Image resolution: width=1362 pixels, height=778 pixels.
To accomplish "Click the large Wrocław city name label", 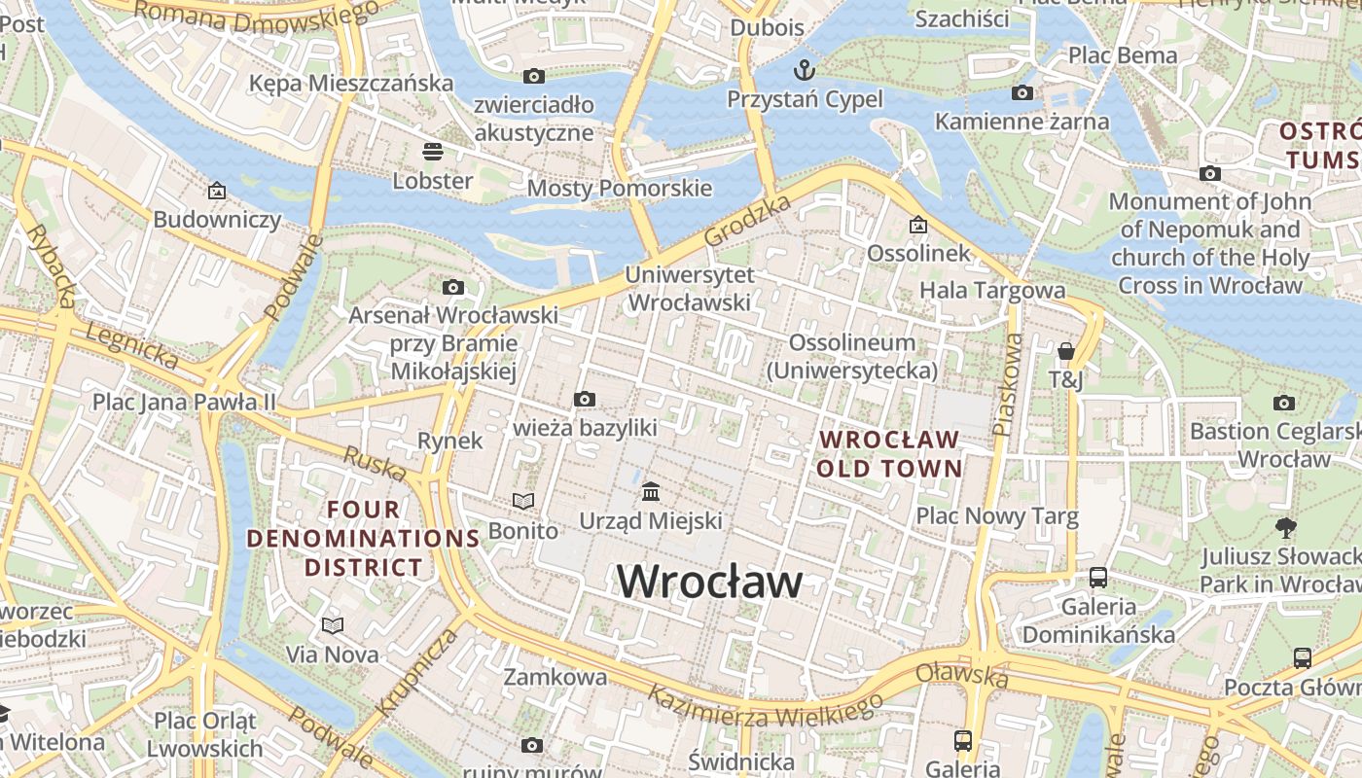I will [710, 582].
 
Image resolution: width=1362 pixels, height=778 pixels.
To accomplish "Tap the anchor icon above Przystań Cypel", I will [804, 70].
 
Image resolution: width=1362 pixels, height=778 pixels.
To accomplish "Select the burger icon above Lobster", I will [433, 152].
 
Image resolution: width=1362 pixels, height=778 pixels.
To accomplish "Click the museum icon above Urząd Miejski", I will [651, 491].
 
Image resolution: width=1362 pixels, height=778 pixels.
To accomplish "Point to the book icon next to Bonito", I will [523, 501].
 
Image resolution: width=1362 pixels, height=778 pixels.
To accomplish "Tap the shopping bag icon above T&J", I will [1066, 351].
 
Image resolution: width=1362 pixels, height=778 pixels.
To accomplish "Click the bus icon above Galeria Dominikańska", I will [1098, 577].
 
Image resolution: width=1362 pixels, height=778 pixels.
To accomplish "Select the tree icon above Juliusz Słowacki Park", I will [1285, 528].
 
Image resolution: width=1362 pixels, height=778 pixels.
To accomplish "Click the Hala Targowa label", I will [992, 290].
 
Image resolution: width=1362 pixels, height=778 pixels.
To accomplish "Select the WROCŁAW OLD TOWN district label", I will [889, 454].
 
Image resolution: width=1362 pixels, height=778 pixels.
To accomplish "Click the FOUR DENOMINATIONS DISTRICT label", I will [363, 538].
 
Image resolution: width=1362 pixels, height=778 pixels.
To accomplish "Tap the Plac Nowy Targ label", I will [997, 515].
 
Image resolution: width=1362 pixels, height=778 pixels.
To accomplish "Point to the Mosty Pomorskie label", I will [620, 188].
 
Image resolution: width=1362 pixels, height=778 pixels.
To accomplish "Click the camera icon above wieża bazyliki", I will [584, 399].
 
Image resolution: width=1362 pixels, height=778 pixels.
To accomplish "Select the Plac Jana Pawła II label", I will [184, 402].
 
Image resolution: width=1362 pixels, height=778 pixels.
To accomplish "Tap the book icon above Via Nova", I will [333, 625].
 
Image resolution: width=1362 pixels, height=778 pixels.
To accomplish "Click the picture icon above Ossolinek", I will [917, 225].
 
